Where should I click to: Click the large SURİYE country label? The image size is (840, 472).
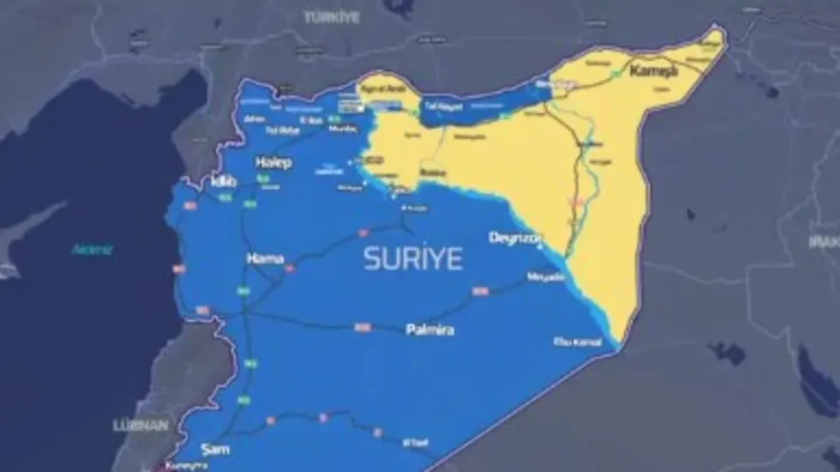point(413,259)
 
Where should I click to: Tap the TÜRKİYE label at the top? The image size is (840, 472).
point(332,17)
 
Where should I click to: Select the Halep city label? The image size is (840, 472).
point(273,163)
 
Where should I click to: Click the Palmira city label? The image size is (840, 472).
point(428,330)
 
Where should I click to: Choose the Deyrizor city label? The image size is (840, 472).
point(514,238)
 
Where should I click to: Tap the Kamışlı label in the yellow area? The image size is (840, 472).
point(654,71)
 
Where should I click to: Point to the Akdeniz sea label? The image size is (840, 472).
point(92,250)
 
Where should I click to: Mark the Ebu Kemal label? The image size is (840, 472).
point(577,342)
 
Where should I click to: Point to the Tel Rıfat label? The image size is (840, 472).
point(282,131)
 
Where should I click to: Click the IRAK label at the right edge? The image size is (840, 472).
point(824,240)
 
